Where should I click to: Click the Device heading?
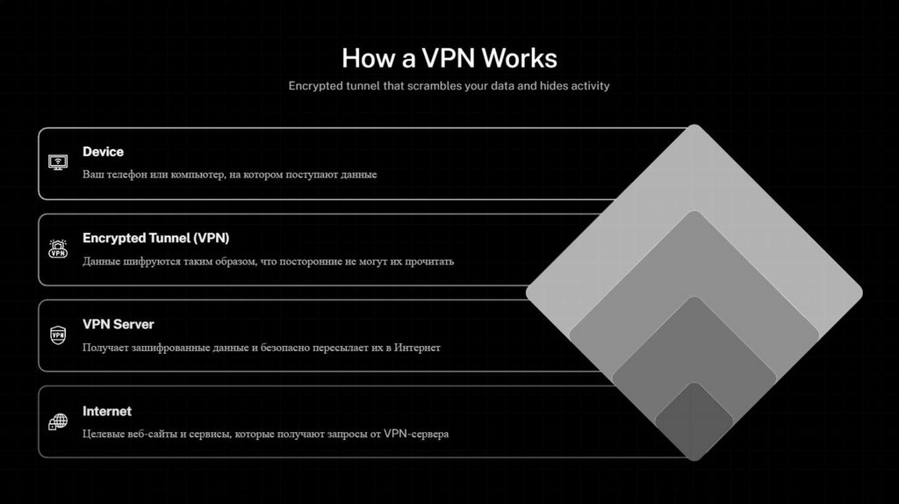(103, 152)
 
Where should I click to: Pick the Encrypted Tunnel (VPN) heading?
(155, 238)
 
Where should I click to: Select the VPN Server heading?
(118, 324)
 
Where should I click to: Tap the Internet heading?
(107, 411)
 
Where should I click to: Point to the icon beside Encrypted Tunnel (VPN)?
(58, 249)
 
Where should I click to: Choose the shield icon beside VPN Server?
(58, 335)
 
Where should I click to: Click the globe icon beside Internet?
(58, 421)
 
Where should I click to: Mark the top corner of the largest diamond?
(694, 127)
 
